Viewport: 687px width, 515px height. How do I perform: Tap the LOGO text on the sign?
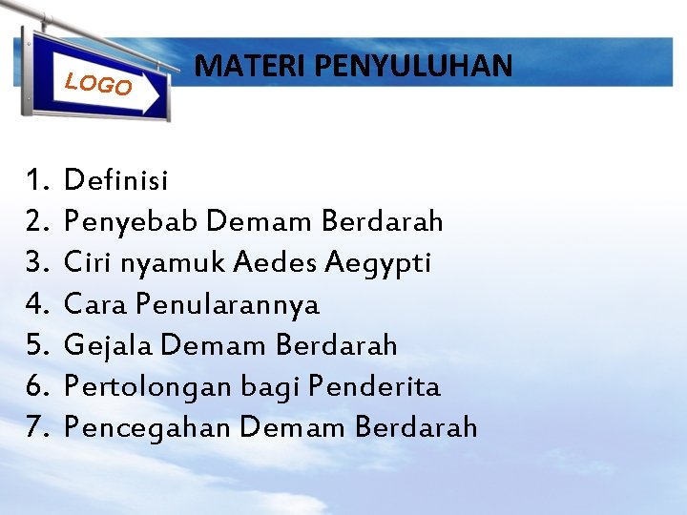[x=98, y=84]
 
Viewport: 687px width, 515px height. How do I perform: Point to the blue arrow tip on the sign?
[x=158, y=86]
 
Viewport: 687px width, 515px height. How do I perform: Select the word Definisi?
[x=115, y=179]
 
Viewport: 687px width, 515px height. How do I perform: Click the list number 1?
[x=37, y=179]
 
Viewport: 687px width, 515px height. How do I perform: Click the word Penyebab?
[x=131, y=221]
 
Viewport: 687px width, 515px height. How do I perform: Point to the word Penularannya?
[x=227, y=305]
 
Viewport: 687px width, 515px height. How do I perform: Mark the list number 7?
[x=37, y=428]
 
